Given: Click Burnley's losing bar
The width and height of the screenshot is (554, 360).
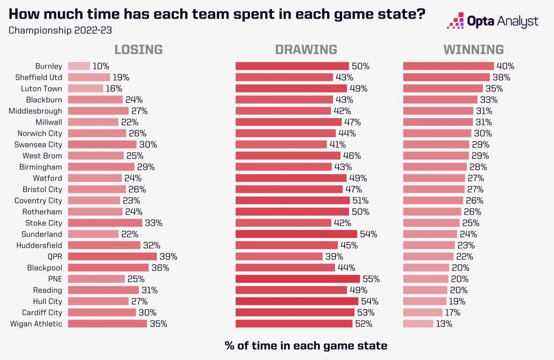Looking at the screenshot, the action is (79, 66).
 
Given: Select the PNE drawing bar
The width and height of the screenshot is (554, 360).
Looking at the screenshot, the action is (297, 279).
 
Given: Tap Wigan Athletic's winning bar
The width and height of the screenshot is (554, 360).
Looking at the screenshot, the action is (418, 324).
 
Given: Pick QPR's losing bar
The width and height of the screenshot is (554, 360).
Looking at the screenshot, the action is (112, 256).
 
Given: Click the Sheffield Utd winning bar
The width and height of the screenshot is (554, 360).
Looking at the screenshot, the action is (446, 77).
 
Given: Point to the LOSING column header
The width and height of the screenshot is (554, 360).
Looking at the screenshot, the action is (138, 49).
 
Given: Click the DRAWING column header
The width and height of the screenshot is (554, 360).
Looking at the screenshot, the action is (306, 49).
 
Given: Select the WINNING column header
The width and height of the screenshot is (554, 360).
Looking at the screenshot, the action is (474, 49).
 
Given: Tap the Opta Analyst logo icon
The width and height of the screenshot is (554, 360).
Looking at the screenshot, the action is (455, 20).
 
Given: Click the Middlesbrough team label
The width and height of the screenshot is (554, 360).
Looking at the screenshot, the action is (35, 111).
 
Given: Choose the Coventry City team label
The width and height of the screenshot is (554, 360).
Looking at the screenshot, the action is (38, 201).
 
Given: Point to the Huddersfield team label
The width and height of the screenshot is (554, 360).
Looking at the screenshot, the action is (39, 245).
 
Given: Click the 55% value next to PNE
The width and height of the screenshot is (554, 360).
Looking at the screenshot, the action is (371, 279).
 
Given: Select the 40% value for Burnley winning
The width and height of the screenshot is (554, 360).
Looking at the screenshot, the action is (505, 66).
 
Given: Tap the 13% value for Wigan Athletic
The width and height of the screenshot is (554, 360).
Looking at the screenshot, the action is (444, 324).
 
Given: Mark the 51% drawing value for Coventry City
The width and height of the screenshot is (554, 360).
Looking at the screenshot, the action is (360, 201).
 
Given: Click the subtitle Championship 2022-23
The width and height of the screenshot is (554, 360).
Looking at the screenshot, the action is (60, 30).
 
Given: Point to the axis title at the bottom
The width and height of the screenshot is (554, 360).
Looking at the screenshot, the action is (306, 346).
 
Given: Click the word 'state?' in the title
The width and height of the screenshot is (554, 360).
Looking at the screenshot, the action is (402, 14).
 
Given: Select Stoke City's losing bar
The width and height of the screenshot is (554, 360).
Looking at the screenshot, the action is (105, 223).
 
